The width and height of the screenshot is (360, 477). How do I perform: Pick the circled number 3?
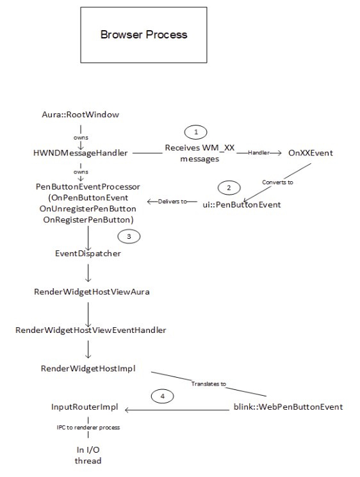coord(130,236)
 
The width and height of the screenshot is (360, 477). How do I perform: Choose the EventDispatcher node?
coord(88,254)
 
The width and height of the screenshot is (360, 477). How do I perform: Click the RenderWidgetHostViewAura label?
coord(88,291)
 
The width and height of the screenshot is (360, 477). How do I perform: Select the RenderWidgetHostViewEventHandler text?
coord(91,330)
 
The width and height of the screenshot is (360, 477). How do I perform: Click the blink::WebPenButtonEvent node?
coord(287,407)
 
